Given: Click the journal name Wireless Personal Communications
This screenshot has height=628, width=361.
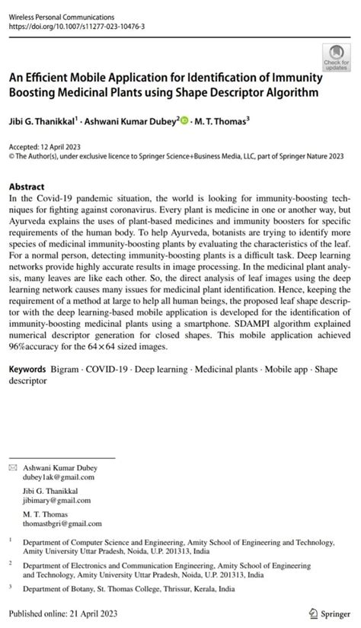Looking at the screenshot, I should tap(61, 16).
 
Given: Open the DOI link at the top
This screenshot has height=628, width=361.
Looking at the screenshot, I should tap(76, 26).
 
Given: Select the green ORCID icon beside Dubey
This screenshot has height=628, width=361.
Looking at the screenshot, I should tap(184, 120).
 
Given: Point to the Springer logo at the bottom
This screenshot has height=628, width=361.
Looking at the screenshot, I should tap(328, 614).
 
